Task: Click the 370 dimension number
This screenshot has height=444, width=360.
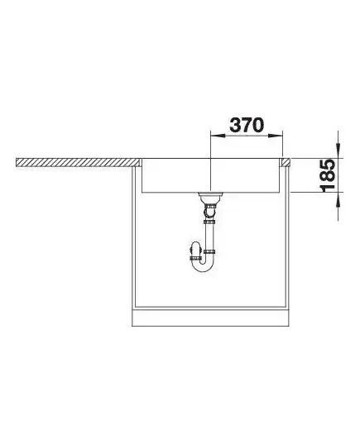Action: [247, 125]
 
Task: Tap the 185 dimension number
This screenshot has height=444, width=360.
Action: [328, 175]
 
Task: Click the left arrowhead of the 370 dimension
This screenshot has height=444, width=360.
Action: [218, 136]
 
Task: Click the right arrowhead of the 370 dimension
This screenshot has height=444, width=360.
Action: [276, 136]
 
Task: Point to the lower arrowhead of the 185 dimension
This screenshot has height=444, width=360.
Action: [338, 200]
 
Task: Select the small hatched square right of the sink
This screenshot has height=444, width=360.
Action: [286, 162]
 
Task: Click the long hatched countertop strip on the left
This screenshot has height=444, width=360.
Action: [79, 162]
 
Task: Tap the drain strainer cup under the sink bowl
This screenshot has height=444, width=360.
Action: [210, 197]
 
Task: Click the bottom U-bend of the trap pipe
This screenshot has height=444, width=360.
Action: [203, 267]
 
